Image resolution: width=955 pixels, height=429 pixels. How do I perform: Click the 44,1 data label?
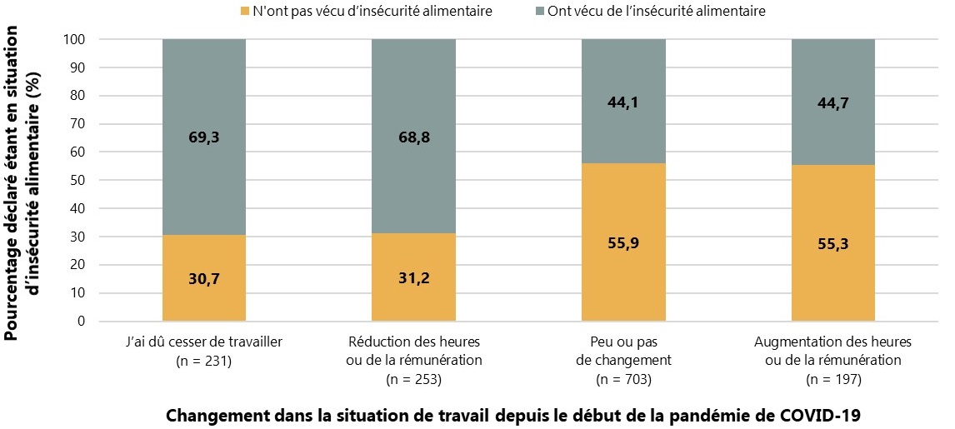coord(623,102)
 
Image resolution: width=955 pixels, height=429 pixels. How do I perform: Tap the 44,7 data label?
coord(832,102)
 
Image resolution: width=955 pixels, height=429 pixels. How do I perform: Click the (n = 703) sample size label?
coord(623,380)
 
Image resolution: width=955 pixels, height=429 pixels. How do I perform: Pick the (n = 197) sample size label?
coord(832,380)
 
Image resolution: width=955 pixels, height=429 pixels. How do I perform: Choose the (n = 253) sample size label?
coord(413,380)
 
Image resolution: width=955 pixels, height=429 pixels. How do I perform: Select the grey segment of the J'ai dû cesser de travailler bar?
coord(203,92)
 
